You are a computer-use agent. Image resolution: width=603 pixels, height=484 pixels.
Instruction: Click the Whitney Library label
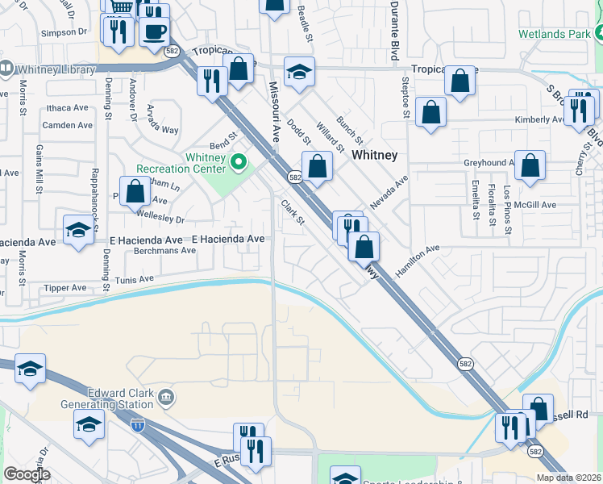55,70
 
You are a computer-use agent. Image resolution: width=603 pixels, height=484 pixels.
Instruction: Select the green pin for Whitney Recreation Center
238,163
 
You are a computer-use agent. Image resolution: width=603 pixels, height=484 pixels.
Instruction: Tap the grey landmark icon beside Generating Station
166,396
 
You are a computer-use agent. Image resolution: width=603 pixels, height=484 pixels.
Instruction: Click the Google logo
27,474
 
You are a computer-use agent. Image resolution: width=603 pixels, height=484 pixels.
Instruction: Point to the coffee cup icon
154,31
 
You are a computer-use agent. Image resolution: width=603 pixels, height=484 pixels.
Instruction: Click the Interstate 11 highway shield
138,426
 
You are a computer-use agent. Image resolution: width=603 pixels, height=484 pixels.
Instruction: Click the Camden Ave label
68,125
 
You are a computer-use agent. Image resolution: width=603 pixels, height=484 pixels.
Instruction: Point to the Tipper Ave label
65,288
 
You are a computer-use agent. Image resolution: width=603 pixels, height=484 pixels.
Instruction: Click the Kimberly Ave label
540,119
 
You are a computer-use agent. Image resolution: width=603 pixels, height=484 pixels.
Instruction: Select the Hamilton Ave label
417,261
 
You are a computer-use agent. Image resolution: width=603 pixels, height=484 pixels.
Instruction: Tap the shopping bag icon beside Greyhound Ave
530,165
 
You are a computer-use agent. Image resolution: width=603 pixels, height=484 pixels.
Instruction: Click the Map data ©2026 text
568,478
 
